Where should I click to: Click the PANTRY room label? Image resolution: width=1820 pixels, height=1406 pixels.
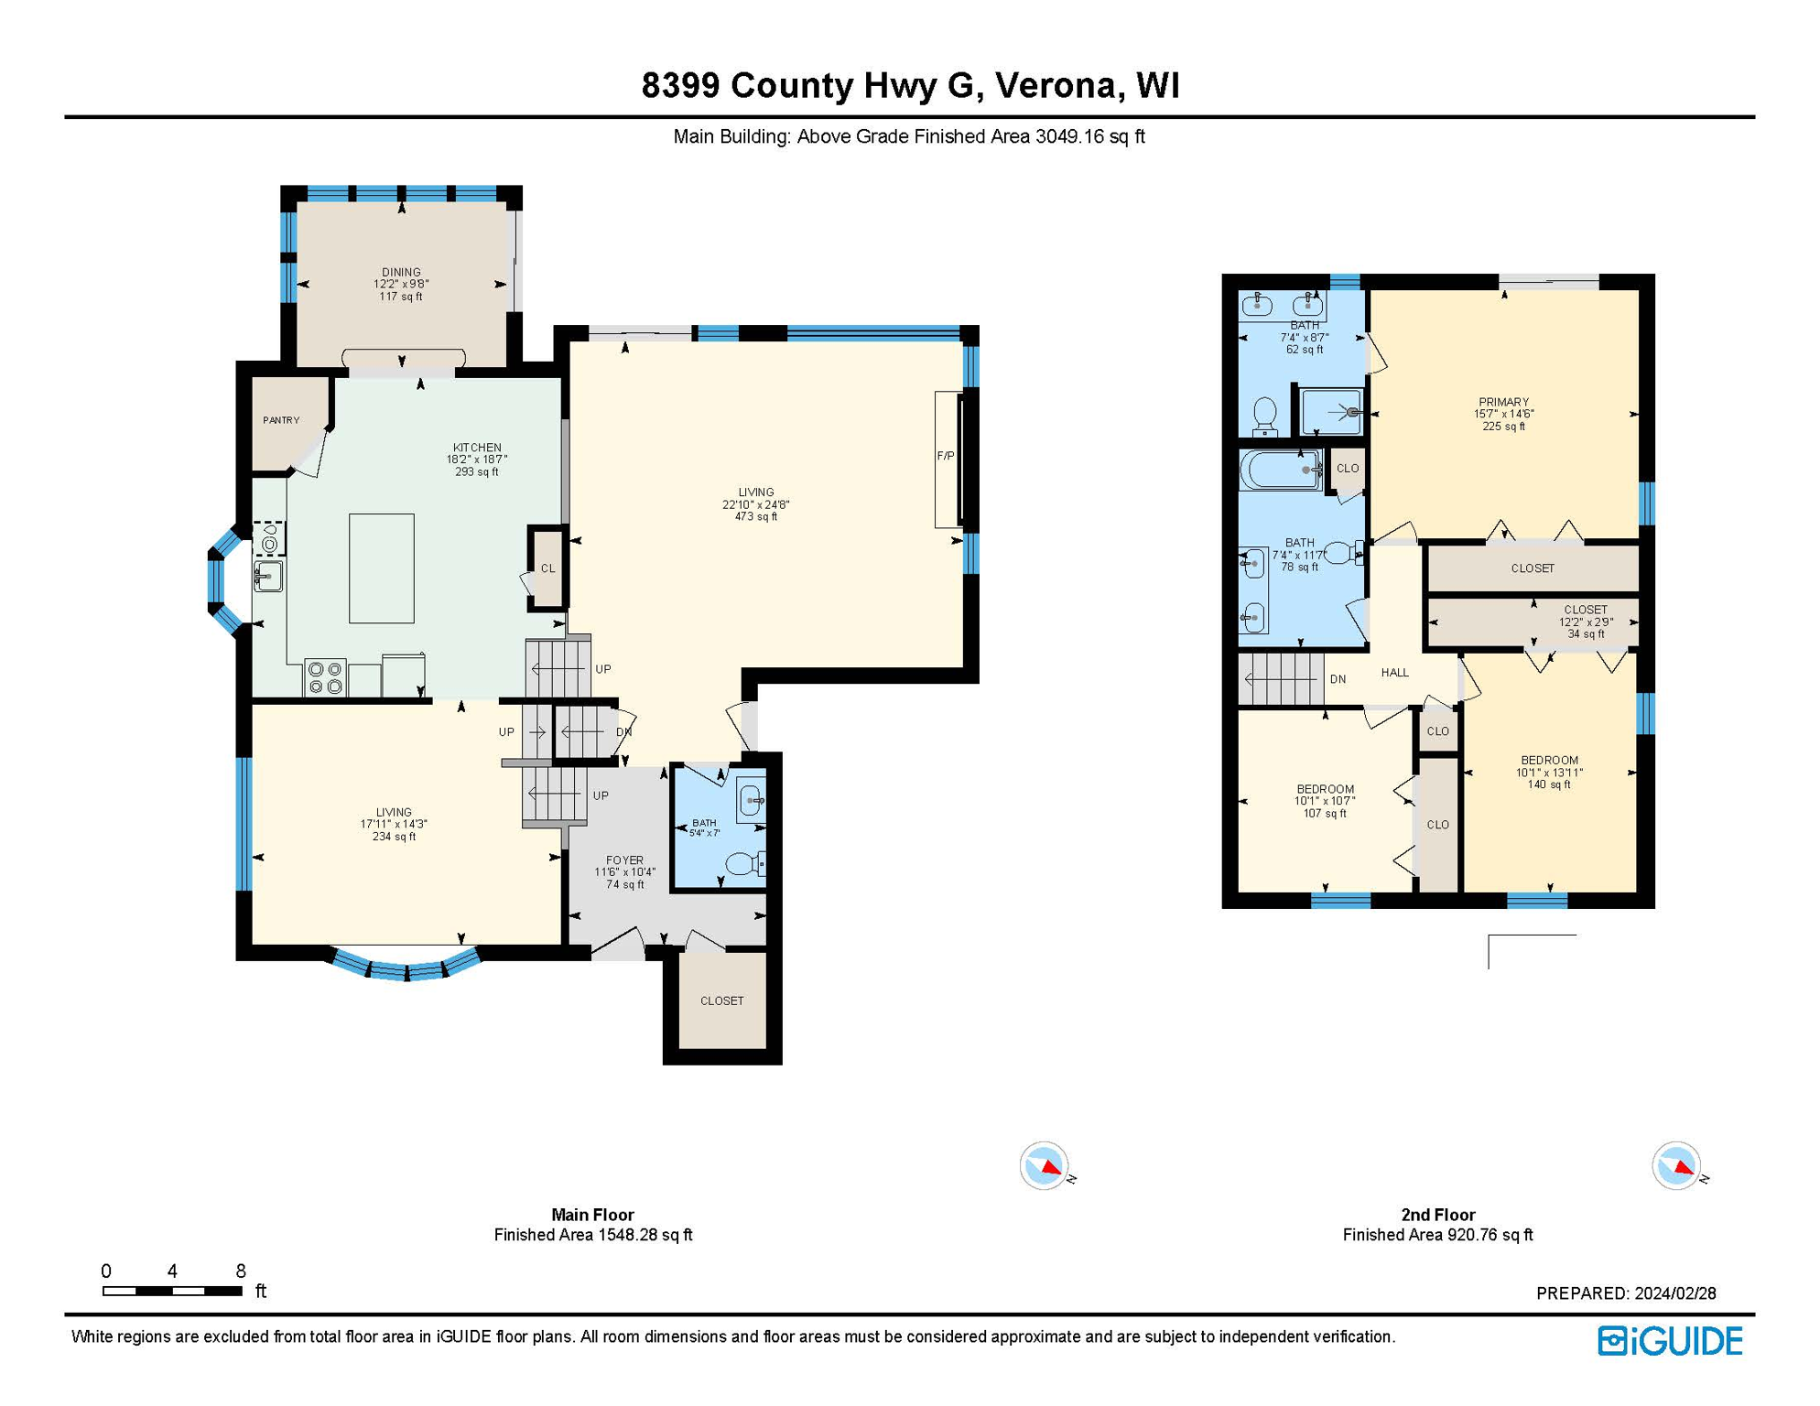pos(281,420)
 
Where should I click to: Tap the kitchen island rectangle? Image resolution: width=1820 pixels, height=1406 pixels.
pos(381,568)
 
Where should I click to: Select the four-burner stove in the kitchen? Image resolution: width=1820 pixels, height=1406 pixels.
pos(325,678)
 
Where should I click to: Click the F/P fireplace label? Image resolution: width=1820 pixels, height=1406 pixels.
pos(945,456)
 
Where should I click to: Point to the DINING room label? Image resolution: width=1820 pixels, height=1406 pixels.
pos(401,272)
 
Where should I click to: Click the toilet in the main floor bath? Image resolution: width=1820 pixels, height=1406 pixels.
pos(742,863)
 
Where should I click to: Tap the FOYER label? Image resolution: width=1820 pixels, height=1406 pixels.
pos(624,860)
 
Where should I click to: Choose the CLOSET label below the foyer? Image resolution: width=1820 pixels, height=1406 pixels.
pos(721,1000)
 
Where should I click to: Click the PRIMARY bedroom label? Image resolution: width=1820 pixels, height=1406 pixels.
pos(1503,402)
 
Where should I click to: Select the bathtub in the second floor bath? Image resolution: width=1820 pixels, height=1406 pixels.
pos(1279,470)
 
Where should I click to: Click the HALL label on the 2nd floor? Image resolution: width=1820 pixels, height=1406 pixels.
pos(1394,673)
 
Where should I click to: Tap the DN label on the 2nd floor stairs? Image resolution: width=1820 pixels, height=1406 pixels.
pos(1338,679)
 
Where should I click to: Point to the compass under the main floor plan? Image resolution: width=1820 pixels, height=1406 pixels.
pos(1043,1166)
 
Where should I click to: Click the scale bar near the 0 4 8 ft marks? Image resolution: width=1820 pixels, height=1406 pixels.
pos(172,1291)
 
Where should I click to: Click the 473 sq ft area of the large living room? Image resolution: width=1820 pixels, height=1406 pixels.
pos(755,517)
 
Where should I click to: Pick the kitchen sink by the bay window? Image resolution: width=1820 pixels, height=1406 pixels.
pos(267,577)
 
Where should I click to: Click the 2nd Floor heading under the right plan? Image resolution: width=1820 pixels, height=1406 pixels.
pos(1437,1215)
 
